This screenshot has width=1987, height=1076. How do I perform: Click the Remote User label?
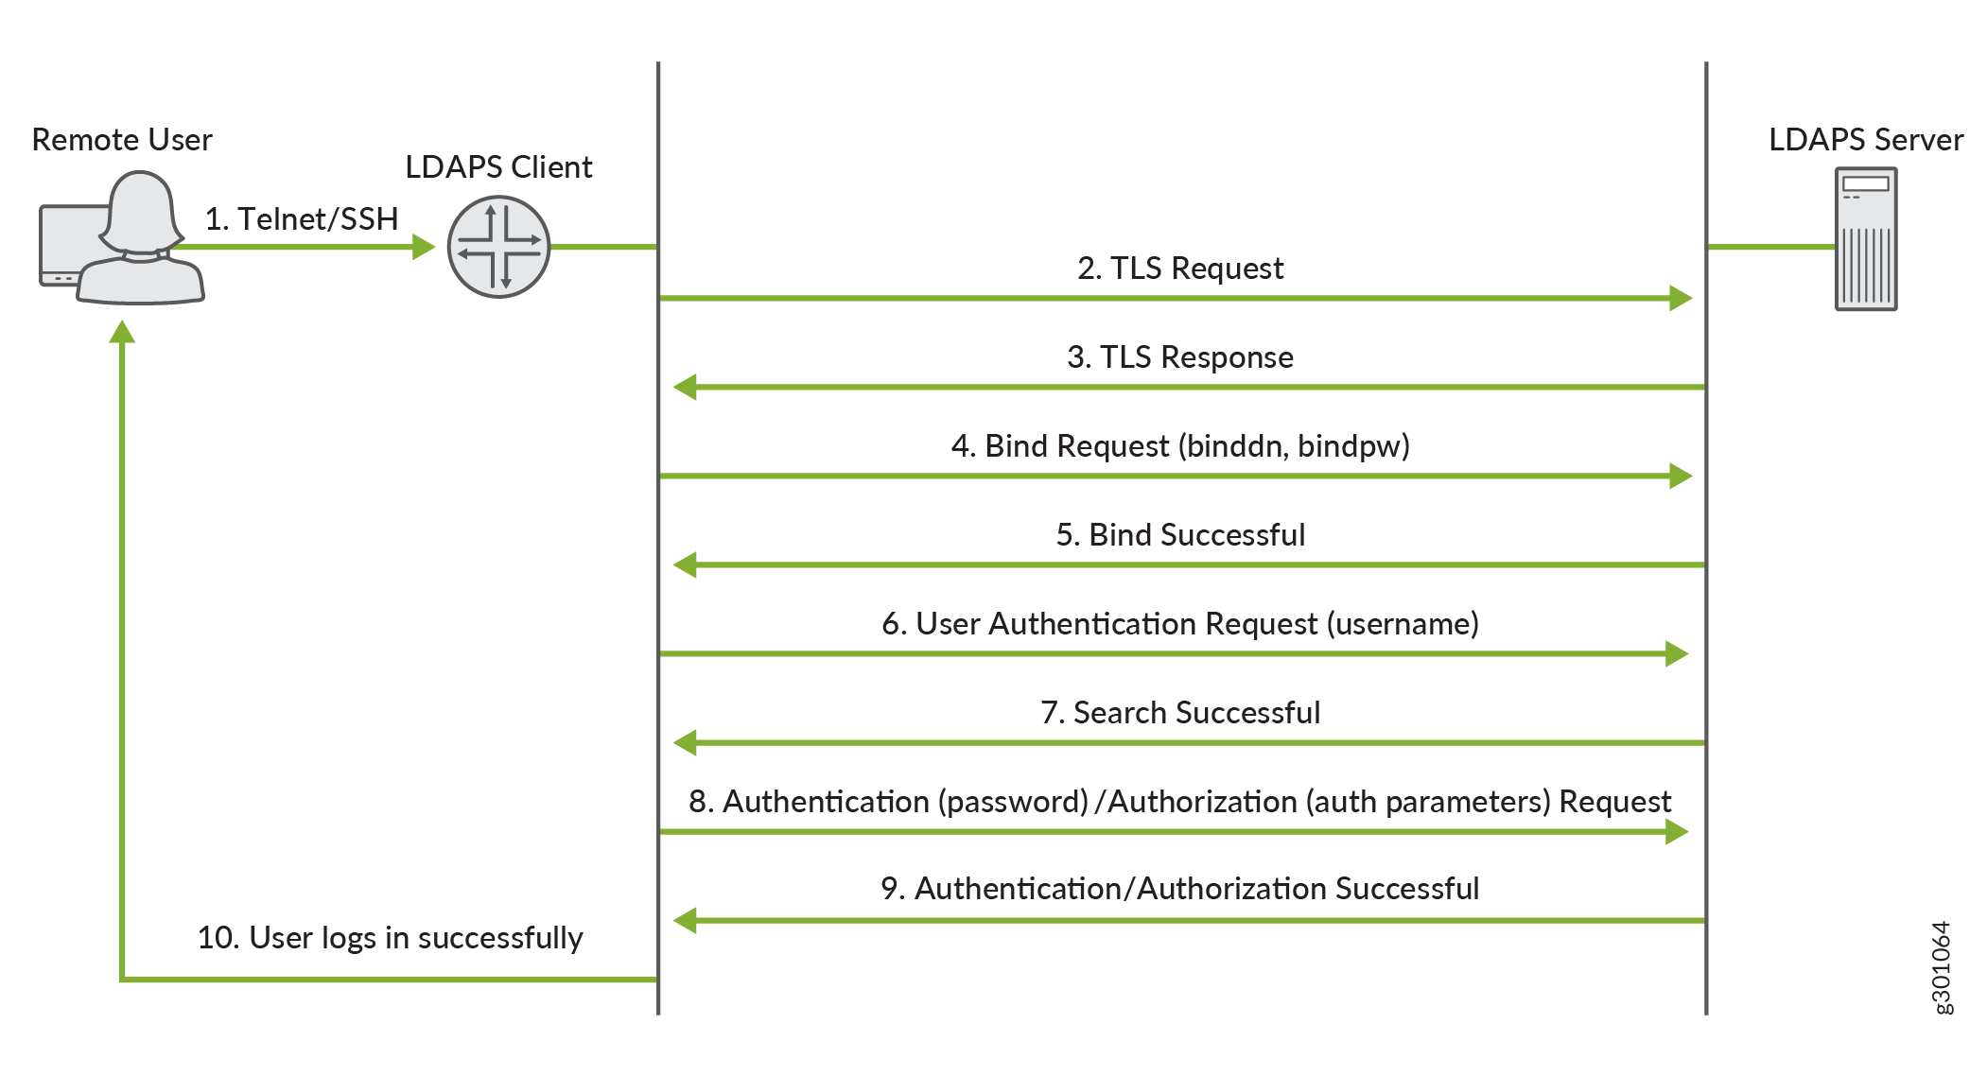122,140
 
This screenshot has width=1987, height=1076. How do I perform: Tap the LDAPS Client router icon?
498,247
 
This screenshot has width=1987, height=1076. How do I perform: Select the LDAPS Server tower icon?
1865,239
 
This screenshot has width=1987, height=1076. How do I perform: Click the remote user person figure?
140,241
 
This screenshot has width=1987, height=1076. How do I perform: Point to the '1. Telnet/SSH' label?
302,219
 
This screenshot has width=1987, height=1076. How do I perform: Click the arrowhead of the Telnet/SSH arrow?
424,247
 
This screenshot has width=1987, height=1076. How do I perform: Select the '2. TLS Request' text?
1179,269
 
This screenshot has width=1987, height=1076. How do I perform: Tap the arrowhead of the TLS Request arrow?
1680,298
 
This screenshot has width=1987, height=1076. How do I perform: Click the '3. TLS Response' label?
1179,357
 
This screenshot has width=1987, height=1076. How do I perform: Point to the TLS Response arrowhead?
686,387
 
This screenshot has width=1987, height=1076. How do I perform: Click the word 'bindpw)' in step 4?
1353,446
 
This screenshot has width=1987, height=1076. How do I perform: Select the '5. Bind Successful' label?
1179,535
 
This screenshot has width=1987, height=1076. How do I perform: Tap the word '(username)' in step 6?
1403,624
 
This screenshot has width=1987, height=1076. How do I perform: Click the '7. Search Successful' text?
1179,713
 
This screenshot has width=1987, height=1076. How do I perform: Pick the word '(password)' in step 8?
1013,802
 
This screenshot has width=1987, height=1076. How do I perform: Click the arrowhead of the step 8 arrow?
1676,831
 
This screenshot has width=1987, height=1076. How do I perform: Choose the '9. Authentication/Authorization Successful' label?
1179,889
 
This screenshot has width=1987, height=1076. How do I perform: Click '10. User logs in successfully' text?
390,938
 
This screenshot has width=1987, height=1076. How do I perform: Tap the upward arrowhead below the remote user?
122,333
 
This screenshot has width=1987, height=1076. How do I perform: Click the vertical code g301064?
1941,967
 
